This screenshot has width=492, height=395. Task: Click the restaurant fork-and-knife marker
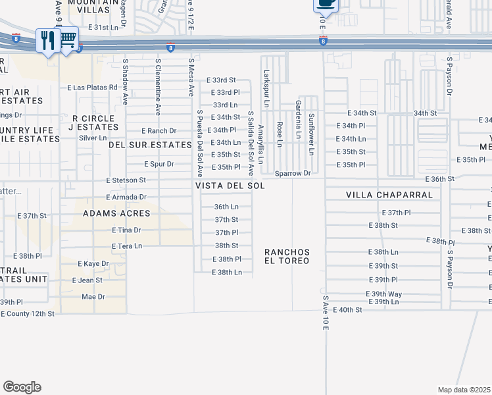pos(48,41)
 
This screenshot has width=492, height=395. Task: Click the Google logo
pos(22,387)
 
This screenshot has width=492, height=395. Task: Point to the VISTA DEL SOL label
pos(230,186)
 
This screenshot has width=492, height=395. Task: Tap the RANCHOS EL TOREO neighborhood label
pos(287,257)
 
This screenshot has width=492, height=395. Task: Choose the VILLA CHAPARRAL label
pos(389,196)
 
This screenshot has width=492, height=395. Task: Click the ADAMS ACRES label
pos(116,214)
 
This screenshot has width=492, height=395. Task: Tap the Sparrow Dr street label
pos(293,174)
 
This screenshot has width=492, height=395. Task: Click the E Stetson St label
pos(126,180)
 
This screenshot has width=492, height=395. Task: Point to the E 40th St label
pos(348,309)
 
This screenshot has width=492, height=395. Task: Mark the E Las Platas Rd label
pos(92,87)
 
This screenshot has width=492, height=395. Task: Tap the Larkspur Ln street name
pos(266,89)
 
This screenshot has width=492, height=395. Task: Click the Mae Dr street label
pos(92,296)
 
